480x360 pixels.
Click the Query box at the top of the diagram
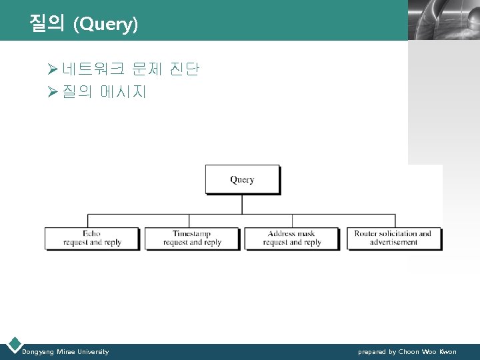tap(242, 179)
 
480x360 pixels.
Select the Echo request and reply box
tap(92, 238)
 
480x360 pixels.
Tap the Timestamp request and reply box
tap(192, 238)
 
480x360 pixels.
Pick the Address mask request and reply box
tap(292, 238)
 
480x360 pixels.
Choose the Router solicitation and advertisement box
tap(393, 238)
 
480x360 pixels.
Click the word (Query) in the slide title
tap(106, 25)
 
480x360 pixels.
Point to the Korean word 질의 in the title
tap(47, 25)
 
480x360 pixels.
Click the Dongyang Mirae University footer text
tap(65, 351)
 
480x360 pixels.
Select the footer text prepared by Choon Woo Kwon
tap(407, 351)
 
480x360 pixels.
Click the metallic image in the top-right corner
tap(443, 20)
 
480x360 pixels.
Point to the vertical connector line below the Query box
tap(242, 204)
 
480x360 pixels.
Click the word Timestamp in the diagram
tap(192, 234)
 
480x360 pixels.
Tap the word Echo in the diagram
tap(92, 234)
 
